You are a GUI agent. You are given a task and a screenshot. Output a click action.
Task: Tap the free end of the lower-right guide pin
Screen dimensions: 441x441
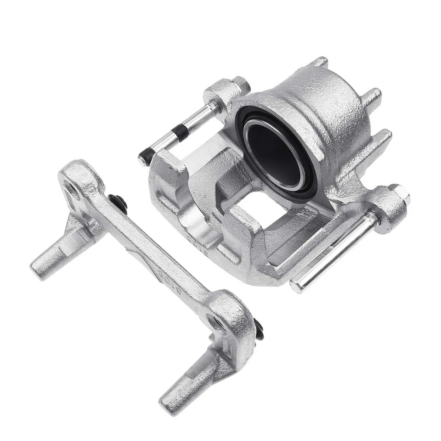tap(299, 286)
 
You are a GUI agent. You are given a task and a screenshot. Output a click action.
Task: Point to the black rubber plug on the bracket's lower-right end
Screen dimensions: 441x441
tap(259, 328)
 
